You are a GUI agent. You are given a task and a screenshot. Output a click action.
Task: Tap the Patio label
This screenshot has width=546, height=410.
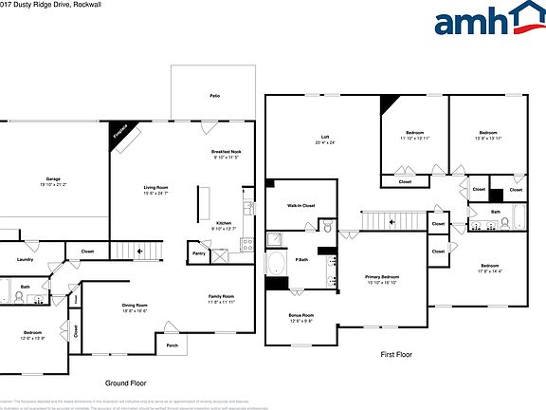[x=215, y=96]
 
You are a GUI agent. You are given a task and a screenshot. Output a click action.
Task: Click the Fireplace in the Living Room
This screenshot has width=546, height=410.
[x=120, y=135]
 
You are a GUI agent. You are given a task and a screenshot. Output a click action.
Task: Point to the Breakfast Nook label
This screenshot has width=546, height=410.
[x=226, y=152]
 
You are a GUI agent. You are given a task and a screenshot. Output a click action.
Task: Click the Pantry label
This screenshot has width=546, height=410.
[x=199, y=253]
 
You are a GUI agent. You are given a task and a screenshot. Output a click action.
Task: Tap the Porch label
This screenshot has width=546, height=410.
[x=173, y=345]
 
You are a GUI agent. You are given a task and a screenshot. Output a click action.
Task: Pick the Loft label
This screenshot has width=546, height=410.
[x=325, y=139]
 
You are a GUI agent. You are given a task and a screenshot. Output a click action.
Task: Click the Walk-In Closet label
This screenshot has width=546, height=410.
[x=300, y=205]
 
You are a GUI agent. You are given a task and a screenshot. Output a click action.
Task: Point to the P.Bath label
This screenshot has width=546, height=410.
[x=301, y=259]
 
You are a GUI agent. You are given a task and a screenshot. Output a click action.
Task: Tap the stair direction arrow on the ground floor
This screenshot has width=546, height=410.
[x=140, y=252]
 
